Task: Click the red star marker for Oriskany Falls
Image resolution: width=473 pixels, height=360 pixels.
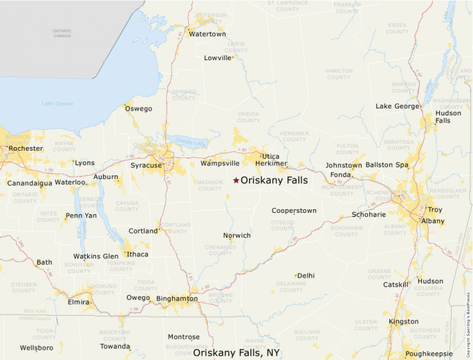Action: coord(236,180)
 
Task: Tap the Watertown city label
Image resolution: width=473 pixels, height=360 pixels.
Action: coord(207,34)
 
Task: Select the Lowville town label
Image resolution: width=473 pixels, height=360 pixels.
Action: coord(218,58)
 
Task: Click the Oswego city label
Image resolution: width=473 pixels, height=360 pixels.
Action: coord(138,108)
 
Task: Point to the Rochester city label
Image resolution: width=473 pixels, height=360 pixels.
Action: coord(26,149)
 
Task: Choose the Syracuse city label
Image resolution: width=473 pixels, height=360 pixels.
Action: coord(146,165)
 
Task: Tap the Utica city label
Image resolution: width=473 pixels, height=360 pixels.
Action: coord(270,156)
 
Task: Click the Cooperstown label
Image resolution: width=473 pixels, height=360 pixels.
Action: coord(294,210)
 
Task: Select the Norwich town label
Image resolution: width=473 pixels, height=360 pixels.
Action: coord(236,236)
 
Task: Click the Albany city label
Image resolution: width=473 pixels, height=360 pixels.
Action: coord(433,221)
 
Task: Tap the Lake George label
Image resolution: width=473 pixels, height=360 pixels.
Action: coord(397,106)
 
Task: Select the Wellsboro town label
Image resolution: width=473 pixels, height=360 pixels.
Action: coord(37,348)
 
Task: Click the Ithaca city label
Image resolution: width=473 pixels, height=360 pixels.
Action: coord(137,254)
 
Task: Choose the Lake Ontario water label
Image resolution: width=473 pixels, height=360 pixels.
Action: coord(57,104)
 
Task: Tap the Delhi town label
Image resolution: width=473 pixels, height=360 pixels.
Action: coord(306,275)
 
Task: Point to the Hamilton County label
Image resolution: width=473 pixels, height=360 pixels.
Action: coord(339,73)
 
